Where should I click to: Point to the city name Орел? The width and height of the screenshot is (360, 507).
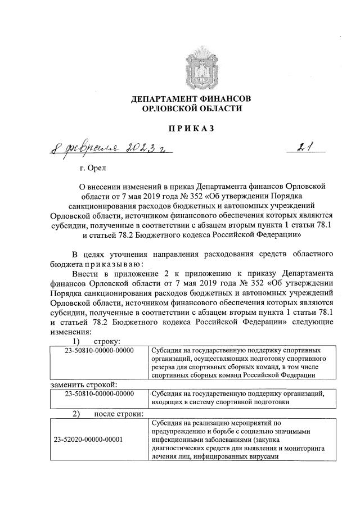click(x=93, y=168)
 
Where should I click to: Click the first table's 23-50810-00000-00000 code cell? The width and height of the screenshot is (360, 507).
click(x=99, y=350)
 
